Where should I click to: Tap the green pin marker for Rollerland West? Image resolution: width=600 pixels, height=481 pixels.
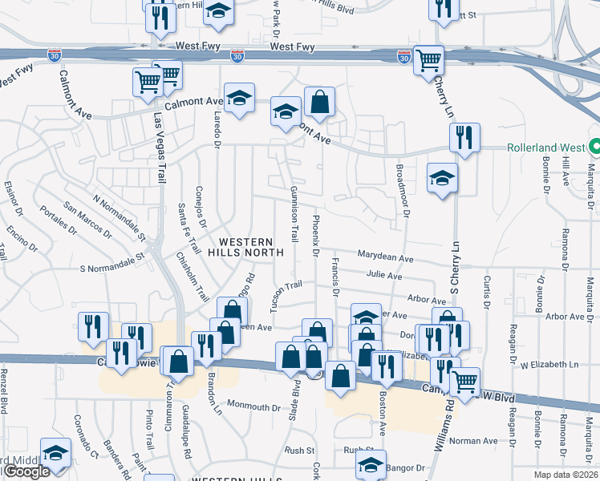594,148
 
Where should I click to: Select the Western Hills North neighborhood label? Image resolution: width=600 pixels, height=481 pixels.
246,246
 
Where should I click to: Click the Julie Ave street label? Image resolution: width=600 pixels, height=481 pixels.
384,276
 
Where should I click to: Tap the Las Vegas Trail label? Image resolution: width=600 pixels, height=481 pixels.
158,149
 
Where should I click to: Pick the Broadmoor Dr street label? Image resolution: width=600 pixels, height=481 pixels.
403,189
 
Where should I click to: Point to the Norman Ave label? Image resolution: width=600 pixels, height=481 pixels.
473,441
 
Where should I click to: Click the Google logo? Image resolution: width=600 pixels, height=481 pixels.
26,472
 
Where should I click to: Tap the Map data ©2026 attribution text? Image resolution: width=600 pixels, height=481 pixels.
565,475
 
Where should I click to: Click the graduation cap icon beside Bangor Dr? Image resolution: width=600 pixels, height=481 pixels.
371,463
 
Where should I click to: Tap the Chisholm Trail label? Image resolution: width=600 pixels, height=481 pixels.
193,276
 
